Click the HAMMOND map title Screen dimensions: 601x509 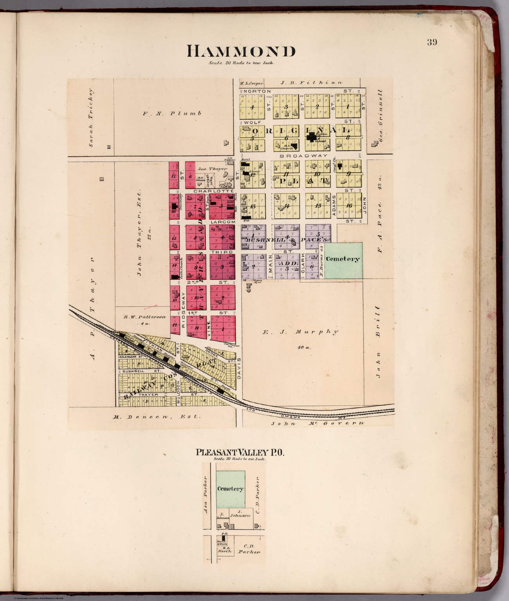click(241, 52)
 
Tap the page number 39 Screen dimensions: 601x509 click(432, 42)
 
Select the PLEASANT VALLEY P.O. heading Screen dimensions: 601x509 click(240, 452)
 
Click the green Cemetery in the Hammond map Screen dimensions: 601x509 click(343, 259)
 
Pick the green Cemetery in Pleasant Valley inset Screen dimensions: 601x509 click(230, 489)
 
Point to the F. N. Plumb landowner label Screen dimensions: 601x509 click(172, 113)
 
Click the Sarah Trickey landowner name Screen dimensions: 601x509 click(91, 117)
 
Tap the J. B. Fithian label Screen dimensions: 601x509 click(311, 83)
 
